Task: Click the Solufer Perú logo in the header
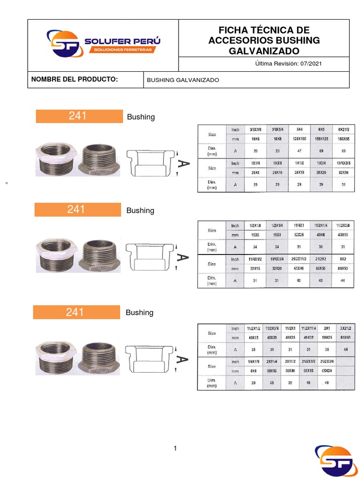[103, 44]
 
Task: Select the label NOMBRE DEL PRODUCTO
[74, 80]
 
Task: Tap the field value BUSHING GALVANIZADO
[183, 80]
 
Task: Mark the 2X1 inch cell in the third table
[326, 328]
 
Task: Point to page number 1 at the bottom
[175, 449]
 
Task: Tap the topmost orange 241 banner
[79, 116]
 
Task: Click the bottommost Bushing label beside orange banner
[140, 313]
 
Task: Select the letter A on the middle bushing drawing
[183, 257]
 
